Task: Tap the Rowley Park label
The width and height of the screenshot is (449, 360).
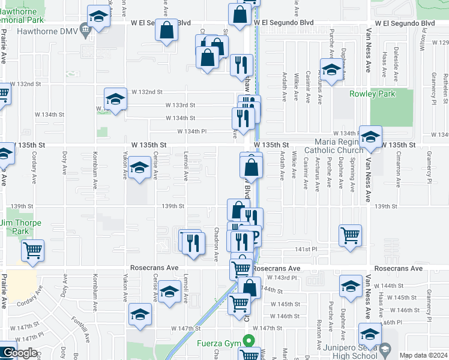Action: (372, 94)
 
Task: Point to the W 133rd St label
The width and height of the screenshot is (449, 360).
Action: (181, 105)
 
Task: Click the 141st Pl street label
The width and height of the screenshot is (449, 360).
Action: (305, 249)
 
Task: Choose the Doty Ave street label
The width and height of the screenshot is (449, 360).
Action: (64, 163)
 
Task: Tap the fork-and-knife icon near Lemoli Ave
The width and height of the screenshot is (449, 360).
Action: (192, 242)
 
